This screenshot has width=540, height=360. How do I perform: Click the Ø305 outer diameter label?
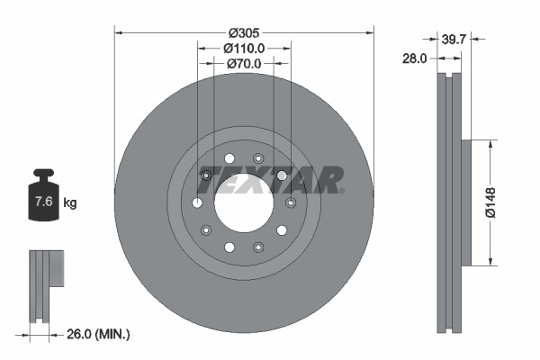(x=244, y=22)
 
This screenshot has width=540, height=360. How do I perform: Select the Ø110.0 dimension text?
(x=244, y=48)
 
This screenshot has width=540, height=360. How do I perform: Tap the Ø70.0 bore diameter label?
(x=244, y=64)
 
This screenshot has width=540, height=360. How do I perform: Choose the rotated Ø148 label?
(x=491, y=202)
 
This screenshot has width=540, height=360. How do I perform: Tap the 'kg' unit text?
(x=70, y=203)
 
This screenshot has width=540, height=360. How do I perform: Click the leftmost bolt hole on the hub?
(x=197, y=202)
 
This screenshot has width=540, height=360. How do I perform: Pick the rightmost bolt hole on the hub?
(x=290, y=202)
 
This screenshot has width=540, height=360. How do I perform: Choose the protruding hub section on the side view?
(x=465, y=202)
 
